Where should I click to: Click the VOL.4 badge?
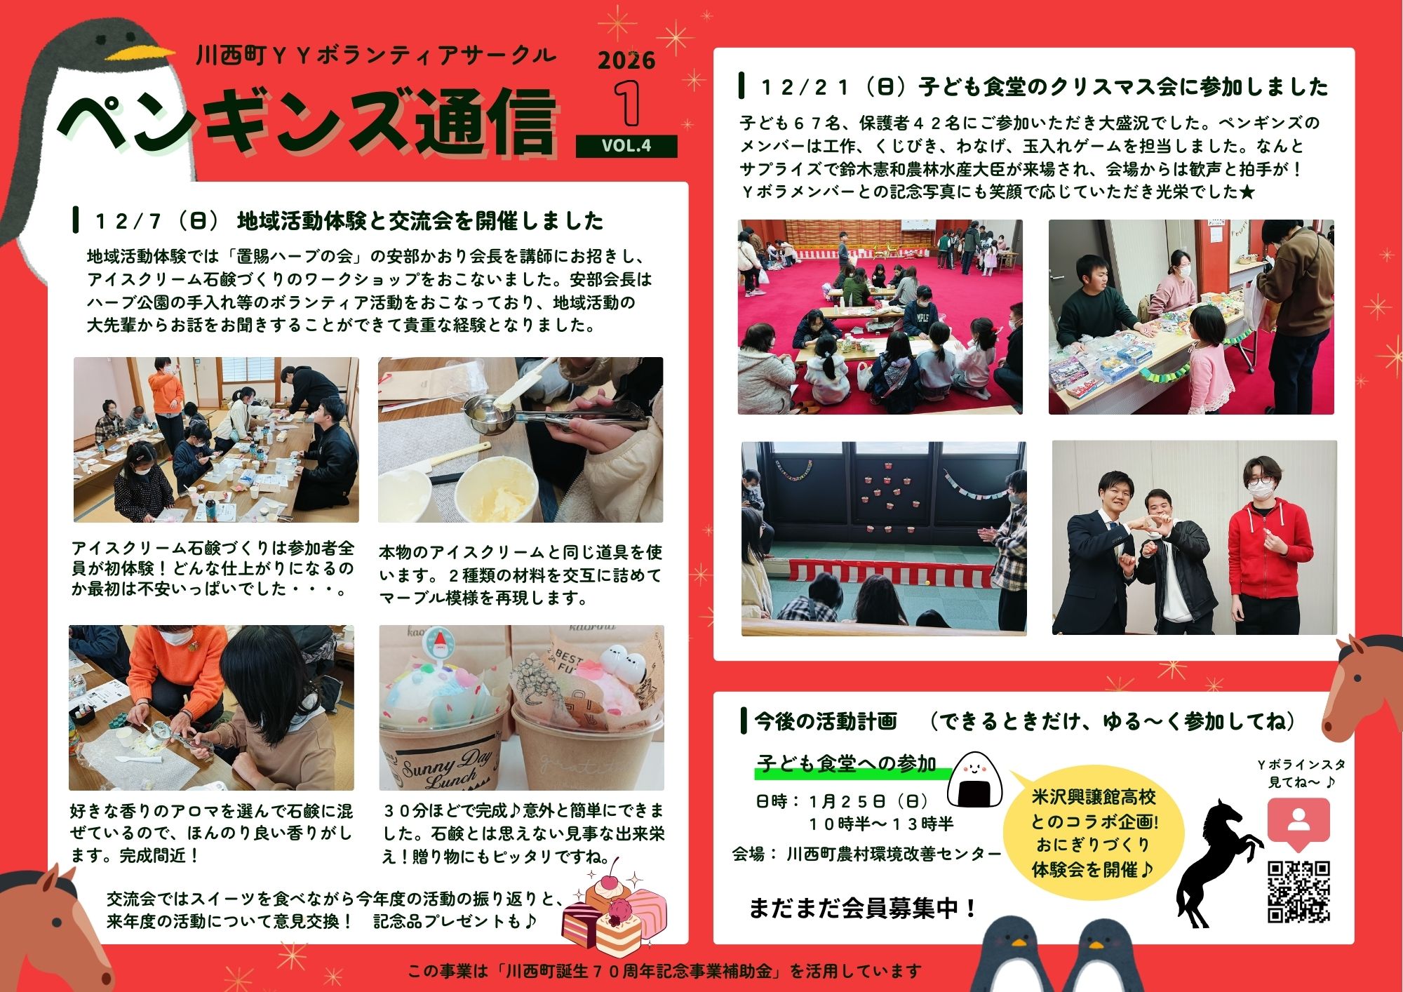(x=626, y=146)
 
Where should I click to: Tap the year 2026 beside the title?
(x=626, y=60)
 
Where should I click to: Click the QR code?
(x=1298, y=891)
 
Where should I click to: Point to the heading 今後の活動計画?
(x=826, y=721)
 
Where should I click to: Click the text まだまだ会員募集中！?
(x=864, y=908)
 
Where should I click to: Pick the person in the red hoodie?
(x=1270, y=547)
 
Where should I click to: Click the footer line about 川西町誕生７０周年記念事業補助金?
(x=664, y=971)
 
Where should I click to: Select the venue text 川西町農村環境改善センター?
(x=894, y=854)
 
